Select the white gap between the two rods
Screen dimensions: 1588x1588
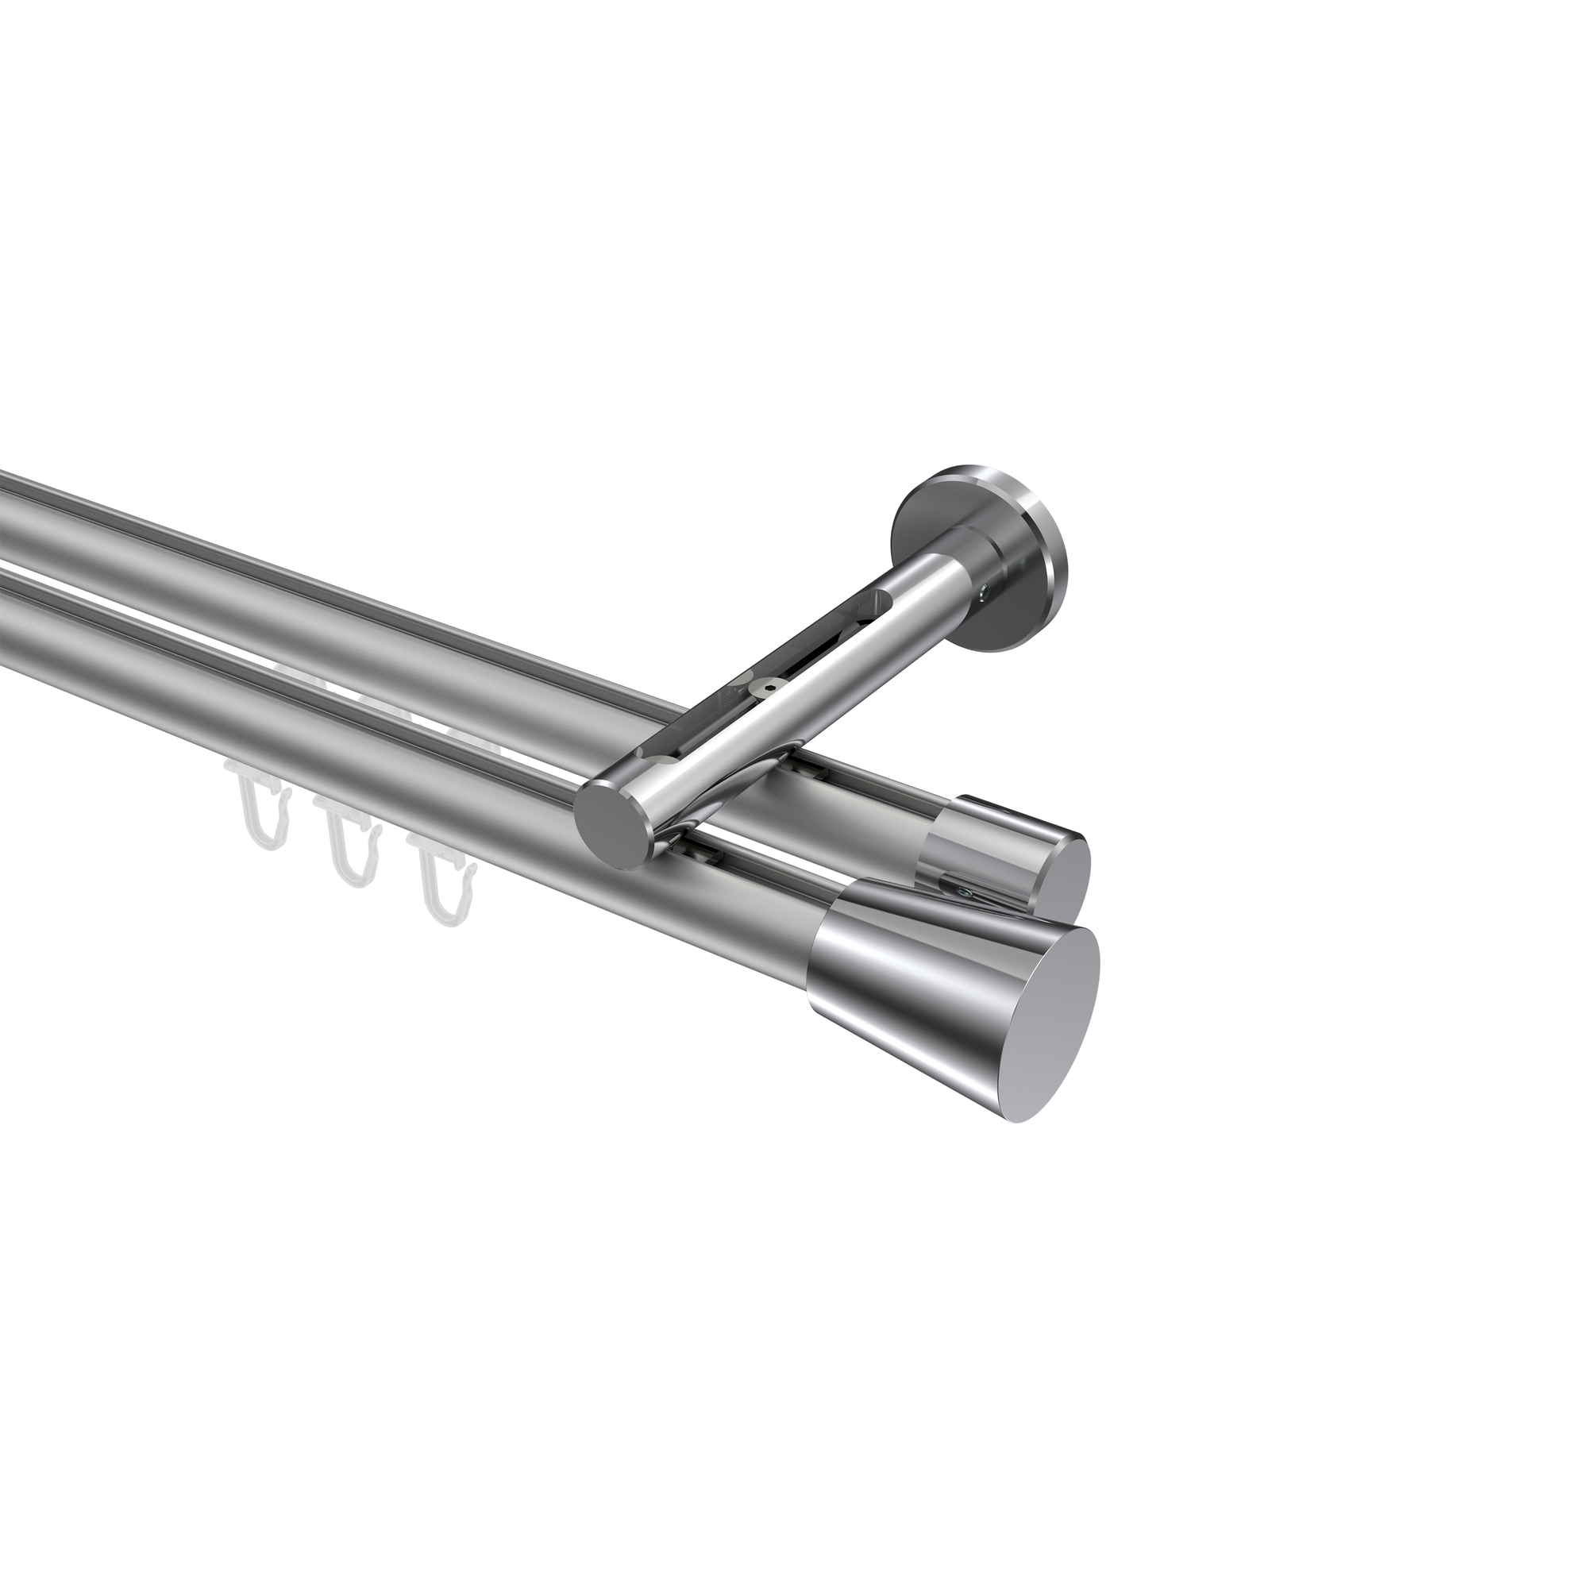164,567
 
